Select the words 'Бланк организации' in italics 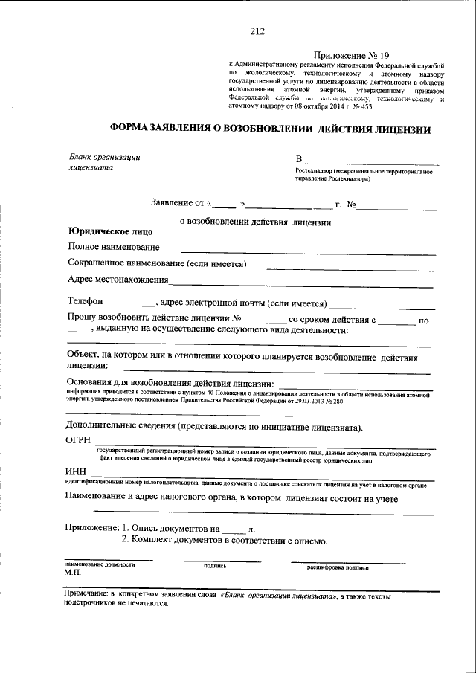tap(105, 157)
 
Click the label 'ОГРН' tap(79, 442)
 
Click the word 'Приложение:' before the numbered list tap(91, 527)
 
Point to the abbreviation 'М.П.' tap(72, 574)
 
